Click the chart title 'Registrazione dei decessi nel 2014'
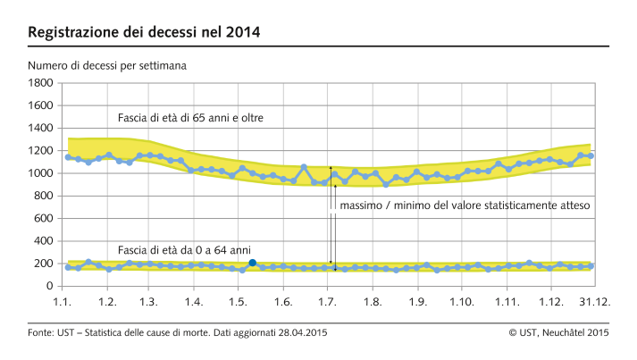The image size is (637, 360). click(146, 33)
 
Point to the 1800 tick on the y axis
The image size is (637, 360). click(41, 83)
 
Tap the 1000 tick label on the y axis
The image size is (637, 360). click(41, 173)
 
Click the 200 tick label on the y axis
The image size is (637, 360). click(44, 264)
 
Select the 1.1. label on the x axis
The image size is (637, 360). click(63, 303)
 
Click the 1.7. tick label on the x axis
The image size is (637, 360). click(329, 303)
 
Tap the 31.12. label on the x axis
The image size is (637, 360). click(594, 303)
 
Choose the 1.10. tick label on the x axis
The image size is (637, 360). click(462, 303)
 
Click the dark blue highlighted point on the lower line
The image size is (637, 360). click(253, 263)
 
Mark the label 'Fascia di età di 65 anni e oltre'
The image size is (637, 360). click(190, 118)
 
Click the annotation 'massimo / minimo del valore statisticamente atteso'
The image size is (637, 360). click(465, 205)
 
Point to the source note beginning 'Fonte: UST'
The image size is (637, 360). click(178, 333)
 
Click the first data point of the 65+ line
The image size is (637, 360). click(68, 157)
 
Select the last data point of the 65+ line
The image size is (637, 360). click(591, 155)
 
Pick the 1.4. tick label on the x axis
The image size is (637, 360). click(195, 303)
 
